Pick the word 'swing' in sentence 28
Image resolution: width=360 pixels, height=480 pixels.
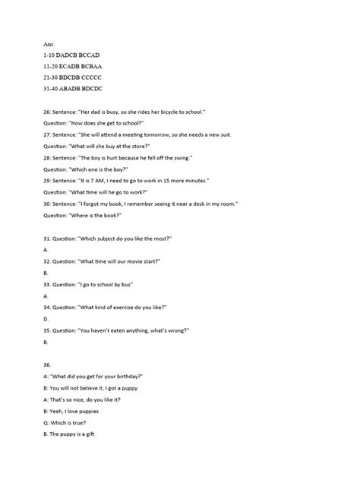pos(182,157)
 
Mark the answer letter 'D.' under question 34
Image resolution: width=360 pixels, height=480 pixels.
pos(46,318)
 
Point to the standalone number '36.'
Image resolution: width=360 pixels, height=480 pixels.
pos(48,365)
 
